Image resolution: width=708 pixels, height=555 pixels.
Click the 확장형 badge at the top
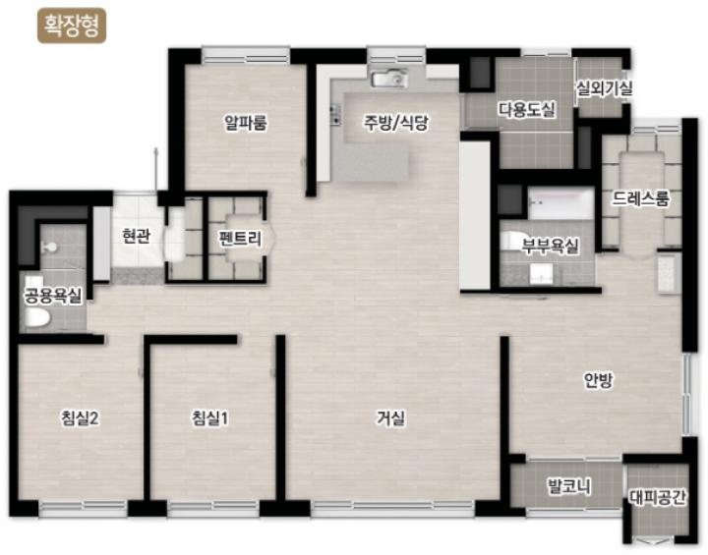72,26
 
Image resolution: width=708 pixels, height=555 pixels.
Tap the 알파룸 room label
246,123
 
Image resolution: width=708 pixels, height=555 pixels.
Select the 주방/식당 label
396,123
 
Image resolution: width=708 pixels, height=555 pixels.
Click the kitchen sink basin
389,80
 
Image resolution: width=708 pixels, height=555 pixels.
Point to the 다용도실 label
527,109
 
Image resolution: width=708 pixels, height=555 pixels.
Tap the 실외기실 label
604,88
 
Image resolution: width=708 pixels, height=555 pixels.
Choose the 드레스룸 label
641,198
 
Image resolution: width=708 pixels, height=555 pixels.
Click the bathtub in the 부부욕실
560,204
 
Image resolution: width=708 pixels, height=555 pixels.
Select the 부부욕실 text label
550,247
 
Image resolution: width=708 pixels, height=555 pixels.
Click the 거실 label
391,418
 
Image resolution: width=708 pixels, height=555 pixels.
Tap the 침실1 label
210,418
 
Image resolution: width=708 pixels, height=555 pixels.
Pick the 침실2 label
80,418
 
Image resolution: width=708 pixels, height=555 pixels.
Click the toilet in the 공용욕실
36,317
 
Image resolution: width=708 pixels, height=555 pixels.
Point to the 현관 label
137,236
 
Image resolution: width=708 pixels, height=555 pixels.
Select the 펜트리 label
240,238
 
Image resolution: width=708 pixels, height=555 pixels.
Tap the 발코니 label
569,487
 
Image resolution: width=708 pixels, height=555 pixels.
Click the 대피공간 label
658,498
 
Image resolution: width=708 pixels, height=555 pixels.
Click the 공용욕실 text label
53,296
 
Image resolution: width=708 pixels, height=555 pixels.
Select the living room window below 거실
392,509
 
